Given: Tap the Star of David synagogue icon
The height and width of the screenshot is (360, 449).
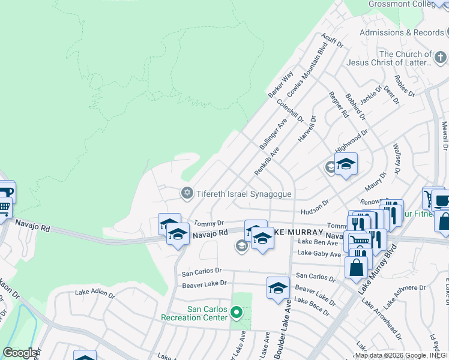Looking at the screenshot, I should pos(187,193).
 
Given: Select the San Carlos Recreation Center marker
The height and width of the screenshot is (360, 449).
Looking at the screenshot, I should pos(237,312).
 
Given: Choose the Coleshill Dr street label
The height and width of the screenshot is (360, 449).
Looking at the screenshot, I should pos(290,111).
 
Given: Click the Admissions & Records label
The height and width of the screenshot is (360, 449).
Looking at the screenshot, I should pos(402,32).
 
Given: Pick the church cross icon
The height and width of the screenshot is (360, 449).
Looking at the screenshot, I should pos(441,58).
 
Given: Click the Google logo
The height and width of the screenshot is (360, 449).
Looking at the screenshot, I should pos(20,353).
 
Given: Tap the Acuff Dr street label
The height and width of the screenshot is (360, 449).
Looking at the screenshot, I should pos(331,41).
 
